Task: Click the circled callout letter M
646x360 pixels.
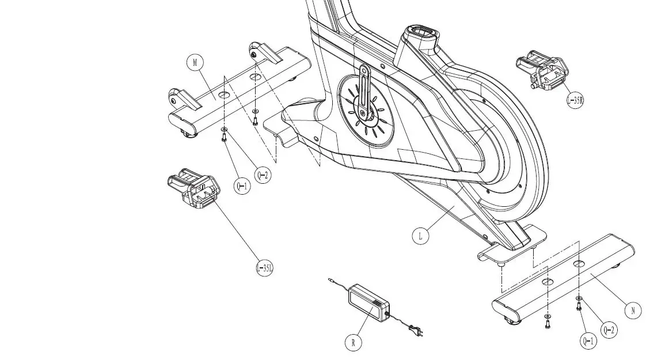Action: tap(196, 63)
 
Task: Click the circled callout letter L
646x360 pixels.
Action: tap(421, 236)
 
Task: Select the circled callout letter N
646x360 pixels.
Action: tap(633, 310)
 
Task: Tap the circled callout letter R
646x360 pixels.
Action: tap(354, 343)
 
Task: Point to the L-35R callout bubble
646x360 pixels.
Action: tap(575, 101)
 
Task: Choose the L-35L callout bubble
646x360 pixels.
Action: tap(264, 268)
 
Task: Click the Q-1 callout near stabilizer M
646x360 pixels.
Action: tap(242, 185)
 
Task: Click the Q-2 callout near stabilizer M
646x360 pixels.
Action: tap(262, 175)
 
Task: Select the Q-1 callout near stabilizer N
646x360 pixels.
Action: tap(588, 342)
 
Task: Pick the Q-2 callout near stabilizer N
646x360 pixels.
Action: tap(609, 330)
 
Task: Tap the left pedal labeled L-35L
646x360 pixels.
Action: tap(193, 188)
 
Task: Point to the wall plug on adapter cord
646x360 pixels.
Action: tap(415, 330)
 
